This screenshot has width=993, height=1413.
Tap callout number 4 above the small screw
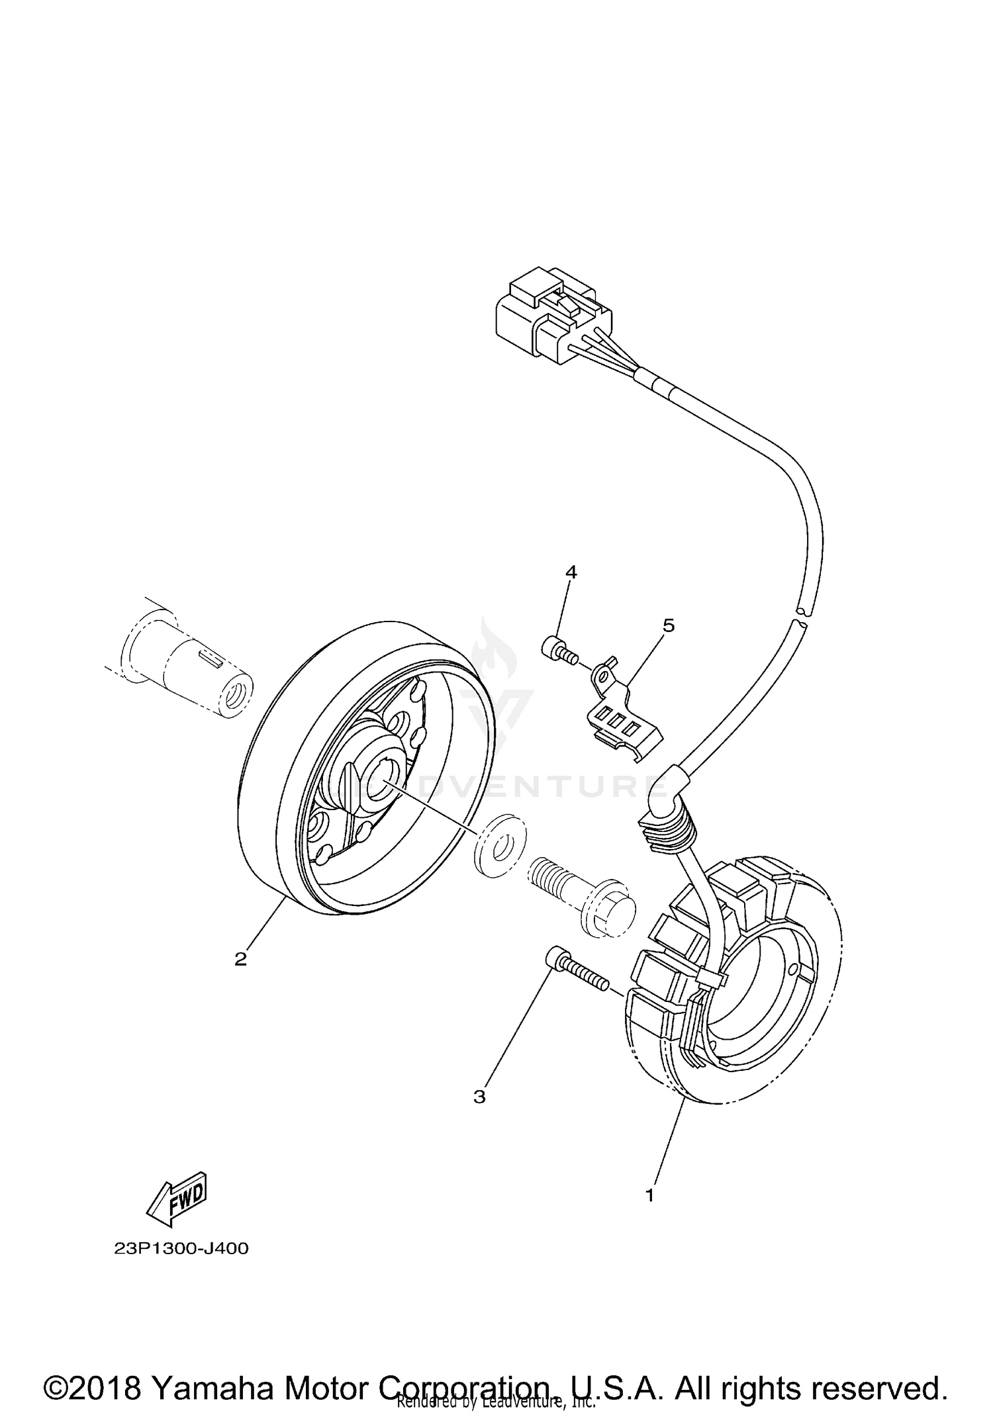pyautogui.click(x=571, y=572)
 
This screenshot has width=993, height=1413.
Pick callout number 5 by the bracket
pyautogui.click(x=669, y=625)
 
